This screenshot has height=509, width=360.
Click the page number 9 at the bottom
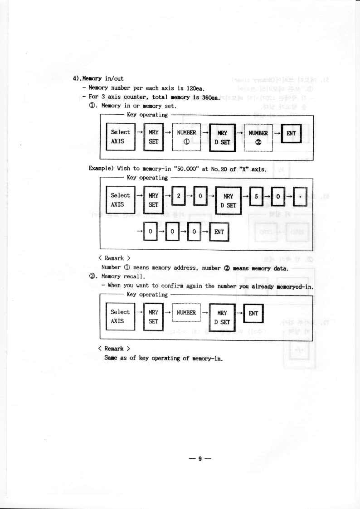(x=200, y=459)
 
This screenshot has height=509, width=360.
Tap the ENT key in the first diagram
(x=291, y=133)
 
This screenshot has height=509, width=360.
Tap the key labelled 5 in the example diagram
(x=256, y=196)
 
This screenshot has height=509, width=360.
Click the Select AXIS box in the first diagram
(x=121, y=136)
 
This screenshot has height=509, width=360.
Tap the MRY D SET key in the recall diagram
(x=223, y=317)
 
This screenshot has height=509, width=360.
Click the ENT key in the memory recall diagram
(x=254, y=313)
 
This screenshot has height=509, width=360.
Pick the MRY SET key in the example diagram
(x=154, y=200)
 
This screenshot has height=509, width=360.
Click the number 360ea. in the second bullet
(x=209, y=97)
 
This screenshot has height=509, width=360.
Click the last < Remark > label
(x=114, y=349)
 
